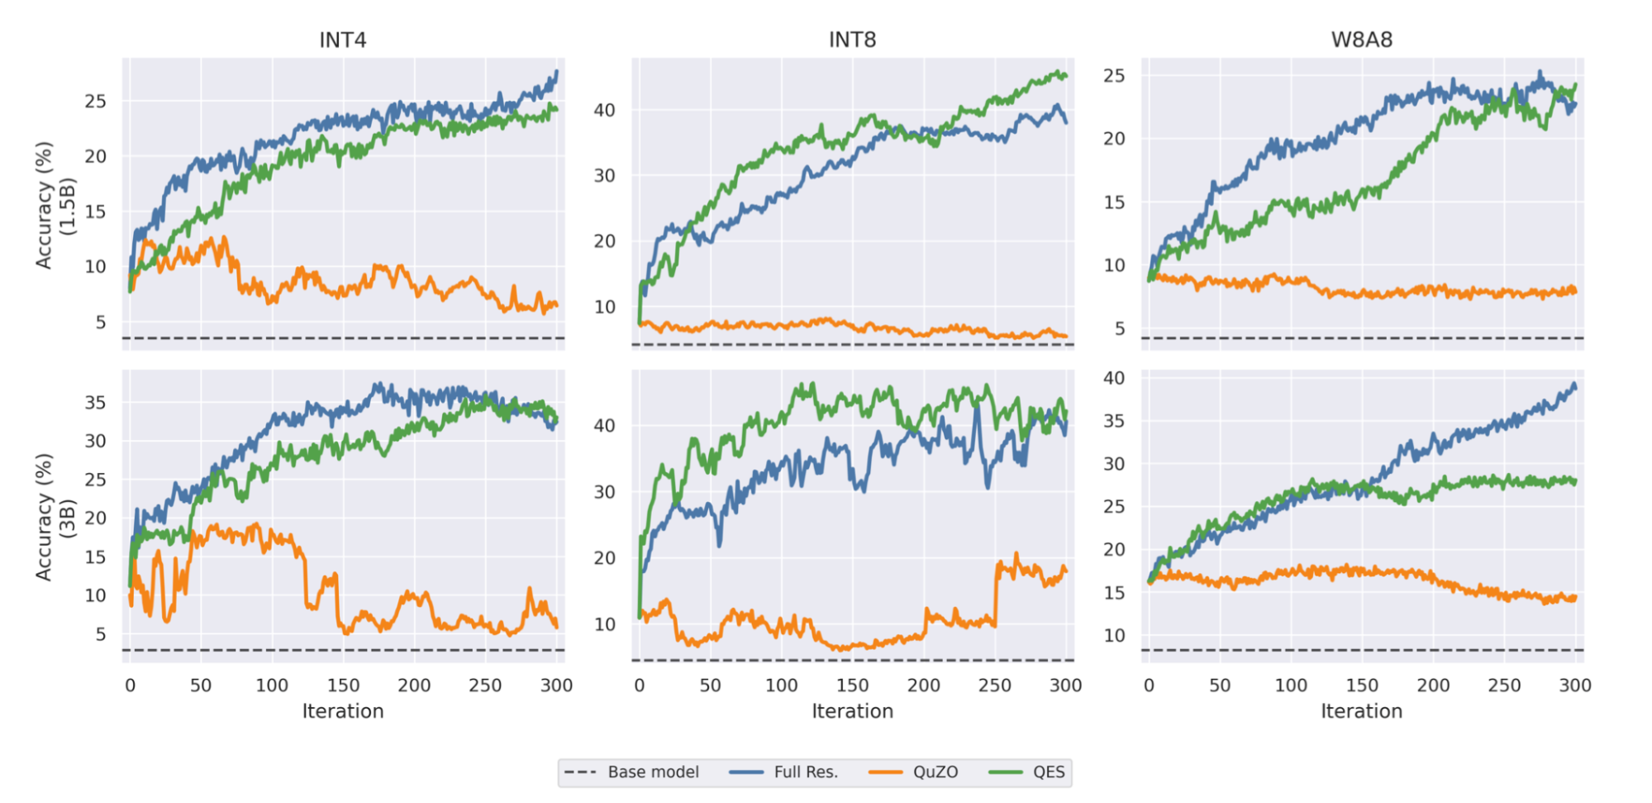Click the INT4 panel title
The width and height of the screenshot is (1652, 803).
pos(342,40)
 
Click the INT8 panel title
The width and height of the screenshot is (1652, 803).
pos(852,40)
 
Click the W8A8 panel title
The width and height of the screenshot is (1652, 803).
pos(1361,40)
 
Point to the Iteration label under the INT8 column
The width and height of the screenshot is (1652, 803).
pos(852,711)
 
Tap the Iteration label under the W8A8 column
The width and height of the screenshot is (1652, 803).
pos(1361,711)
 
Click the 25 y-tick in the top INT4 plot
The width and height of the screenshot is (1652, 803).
pos(95,101)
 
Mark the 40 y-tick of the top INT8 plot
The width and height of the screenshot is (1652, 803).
pos(604,110)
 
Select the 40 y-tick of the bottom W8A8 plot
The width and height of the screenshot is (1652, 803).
pos(1114,378)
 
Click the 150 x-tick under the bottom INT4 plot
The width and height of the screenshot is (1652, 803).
pos(343,685)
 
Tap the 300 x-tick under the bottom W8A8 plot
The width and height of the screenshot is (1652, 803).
pos(1574,685)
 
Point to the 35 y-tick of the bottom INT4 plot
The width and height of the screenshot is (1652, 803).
pos(95,403)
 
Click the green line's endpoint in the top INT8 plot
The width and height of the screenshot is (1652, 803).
pos(1066,76)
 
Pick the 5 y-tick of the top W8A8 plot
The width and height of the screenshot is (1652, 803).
pos(1119,328)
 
